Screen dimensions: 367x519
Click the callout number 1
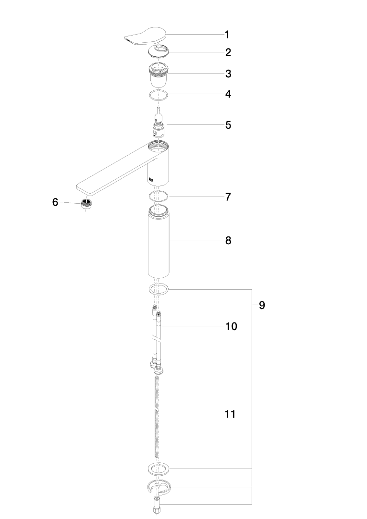pyautogui.click(x=227, y=35)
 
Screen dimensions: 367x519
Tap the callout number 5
pyautogui.click(x=228, y=125)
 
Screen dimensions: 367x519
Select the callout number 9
pyautogui.click(x=262, y=305)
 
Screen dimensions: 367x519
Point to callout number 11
pyautogui.click(x=230, y=414)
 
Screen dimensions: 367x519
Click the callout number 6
pyautogui.click(x=55, y=202)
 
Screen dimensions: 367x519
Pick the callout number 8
pyautogui.click(x=228, y=241)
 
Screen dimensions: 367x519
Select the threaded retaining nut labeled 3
pyautogui.click(x=159, y=74)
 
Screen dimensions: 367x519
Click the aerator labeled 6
pyautogui.click(x=86, y=204)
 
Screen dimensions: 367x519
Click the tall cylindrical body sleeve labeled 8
pyautogui.click(x=159, y=241)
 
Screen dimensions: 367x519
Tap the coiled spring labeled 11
pyautogui.click(x=157, y=417)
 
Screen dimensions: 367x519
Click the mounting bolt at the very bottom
pyautogui.click(x=157, y=506)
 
